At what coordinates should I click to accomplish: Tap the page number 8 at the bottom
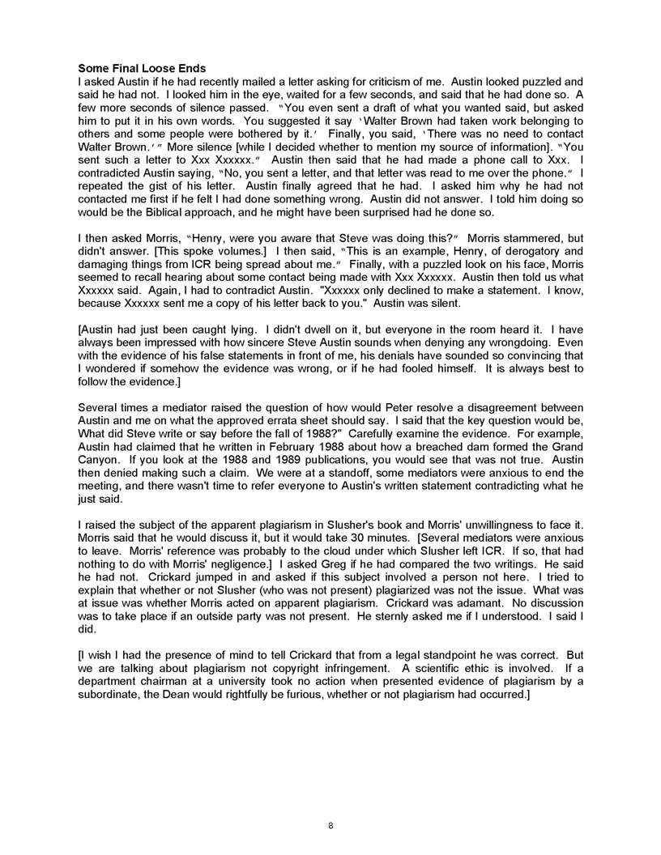[x=330, y=825]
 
